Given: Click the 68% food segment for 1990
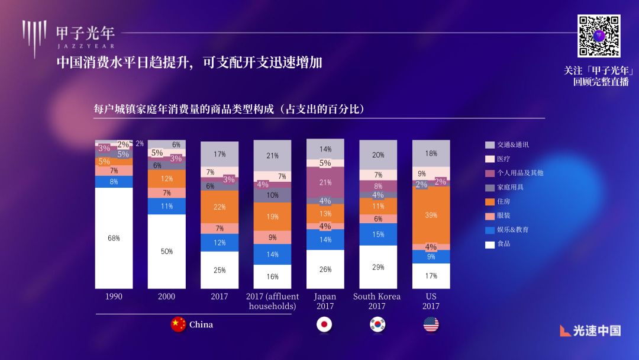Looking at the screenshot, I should (114, 238).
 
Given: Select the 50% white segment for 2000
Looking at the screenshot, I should (166, 251).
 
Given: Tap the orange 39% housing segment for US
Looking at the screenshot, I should (431, 215).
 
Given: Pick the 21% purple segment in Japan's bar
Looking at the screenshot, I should (325, 182).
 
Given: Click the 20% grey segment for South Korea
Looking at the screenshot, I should (377, 155).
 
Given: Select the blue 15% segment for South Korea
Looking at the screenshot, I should (377, 234).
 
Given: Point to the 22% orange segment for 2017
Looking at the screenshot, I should (220, 207).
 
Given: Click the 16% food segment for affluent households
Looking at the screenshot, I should (272, 277).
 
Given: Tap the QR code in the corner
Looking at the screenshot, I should (599, 36).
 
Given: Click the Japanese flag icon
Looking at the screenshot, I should (324, 324).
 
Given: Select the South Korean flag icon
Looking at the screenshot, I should (377, 324).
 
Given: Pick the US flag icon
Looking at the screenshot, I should (431, 324).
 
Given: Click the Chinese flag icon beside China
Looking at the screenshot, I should (178, 324).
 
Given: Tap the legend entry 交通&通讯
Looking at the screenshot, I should (512, 144).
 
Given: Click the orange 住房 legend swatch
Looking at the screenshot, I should (489, 201).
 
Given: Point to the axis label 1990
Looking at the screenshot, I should (114, 297).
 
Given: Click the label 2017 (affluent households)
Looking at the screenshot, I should (272, 301).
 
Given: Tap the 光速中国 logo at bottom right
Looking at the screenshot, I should (590, 330).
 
